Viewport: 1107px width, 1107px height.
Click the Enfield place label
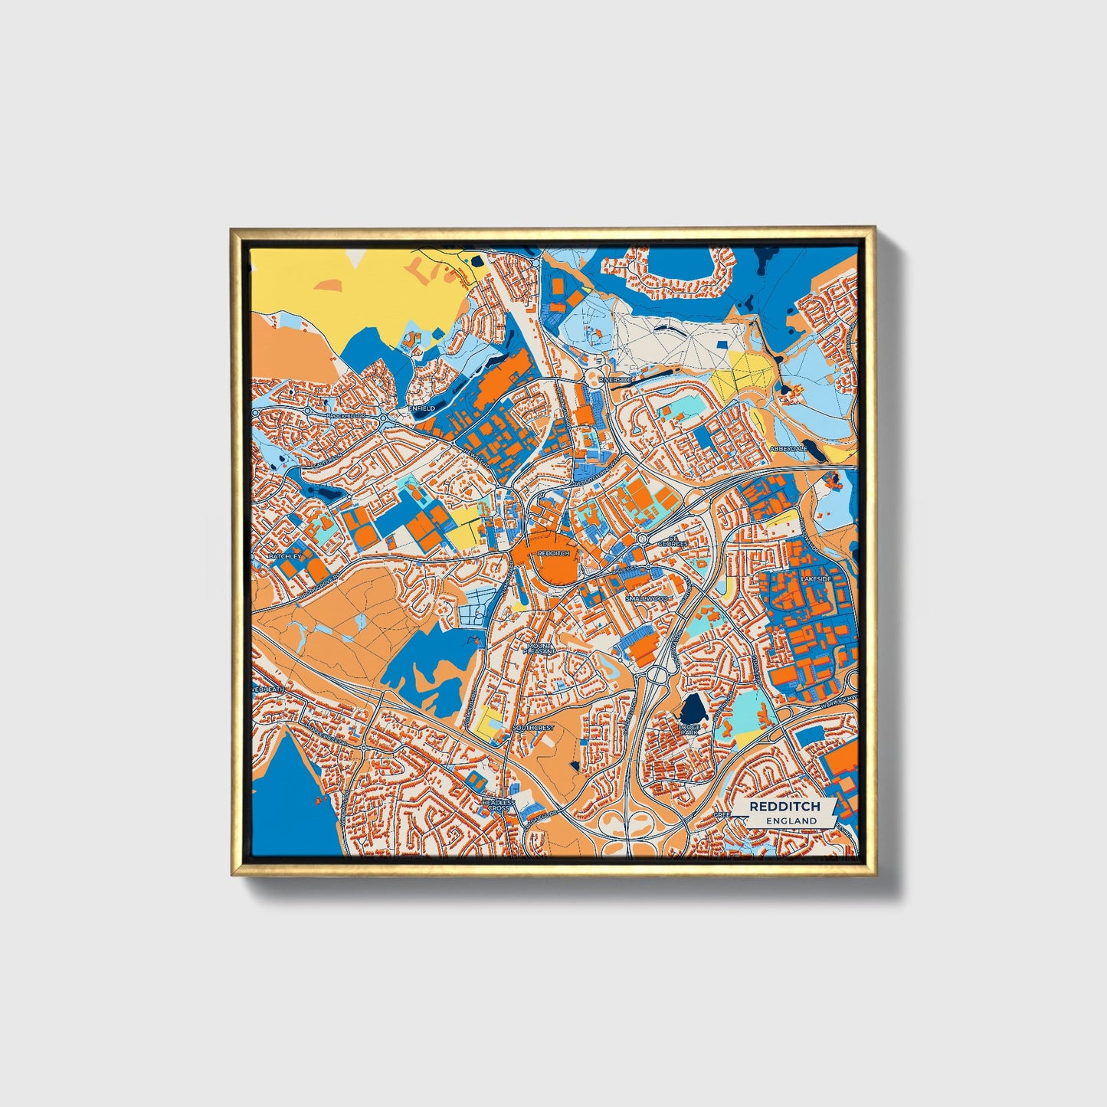422,408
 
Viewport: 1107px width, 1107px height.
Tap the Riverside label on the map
615,379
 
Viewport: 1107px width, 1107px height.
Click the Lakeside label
815,579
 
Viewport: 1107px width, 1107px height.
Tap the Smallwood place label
647,598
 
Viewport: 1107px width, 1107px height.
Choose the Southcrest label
534,727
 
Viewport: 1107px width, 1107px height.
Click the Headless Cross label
498,804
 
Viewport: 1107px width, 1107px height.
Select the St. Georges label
677,542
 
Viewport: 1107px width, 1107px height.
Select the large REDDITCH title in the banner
784,806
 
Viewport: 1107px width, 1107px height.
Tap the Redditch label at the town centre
553,553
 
